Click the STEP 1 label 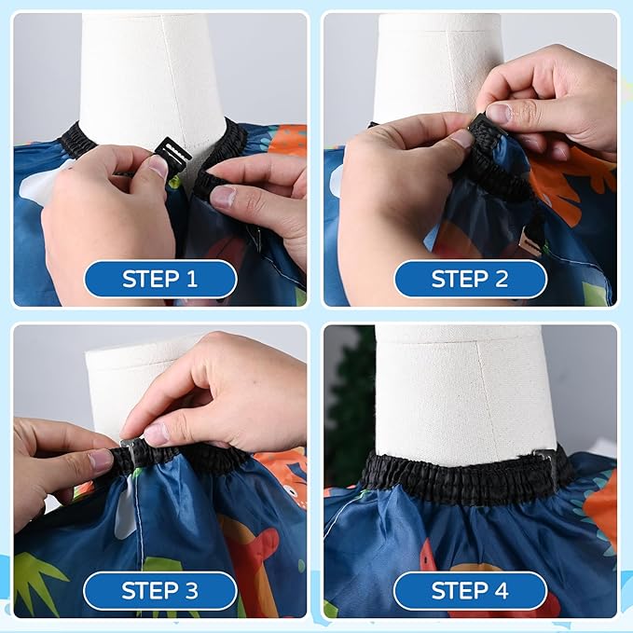click(159, 278)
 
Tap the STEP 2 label click(470, 278)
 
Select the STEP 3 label click(159, 590)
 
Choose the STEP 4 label click(470, 590)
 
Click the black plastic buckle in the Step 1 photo click(172, 150)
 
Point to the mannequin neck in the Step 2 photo click(438, 65)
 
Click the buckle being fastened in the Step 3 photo click(130, 447)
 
